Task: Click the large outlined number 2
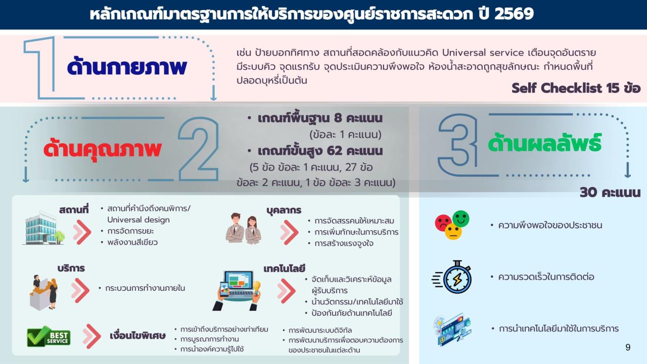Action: [198, 149]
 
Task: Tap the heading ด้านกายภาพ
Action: [127, 68]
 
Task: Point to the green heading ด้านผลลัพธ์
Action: [544, 143]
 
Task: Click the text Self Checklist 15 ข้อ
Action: [576, 88]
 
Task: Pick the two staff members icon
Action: [244, 229]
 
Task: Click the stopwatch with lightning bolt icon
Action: [453, 277]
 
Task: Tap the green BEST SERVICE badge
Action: [49, 336]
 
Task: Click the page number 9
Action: [628, 347]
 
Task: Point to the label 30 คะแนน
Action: [610, 193]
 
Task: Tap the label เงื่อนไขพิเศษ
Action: [137, 336]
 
